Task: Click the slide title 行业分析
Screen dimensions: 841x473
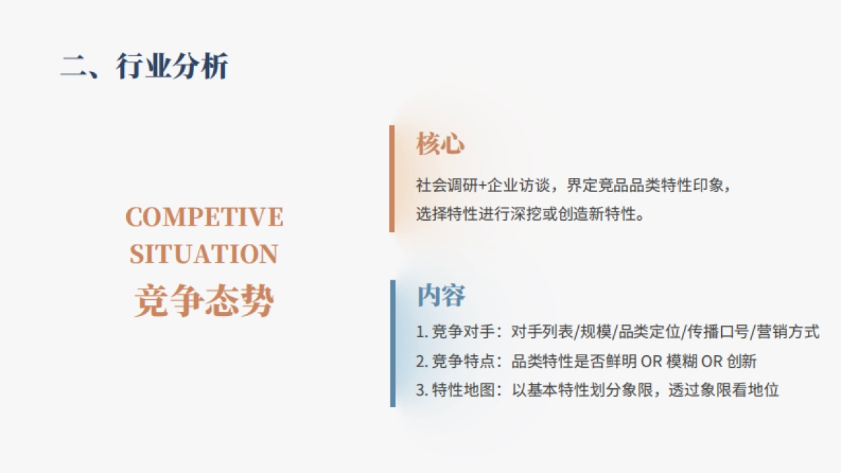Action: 172,66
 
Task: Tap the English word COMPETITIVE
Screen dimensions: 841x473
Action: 204,217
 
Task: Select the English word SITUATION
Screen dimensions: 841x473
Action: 204,254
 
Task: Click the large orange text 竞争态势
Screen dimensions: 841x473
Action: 204,301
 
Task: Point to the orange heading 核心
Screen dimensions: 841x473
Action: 440,144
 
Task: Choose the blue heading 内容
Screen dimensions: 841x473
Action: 441,296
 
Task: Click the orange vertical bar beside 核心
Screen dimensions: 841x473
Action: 392,179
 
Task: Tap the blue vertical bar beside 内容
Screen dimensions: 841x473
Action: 392,343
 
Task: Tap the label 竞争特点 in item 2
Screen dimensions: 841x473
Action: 463,361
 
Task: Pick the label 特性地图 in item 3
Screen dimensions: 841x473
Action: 463,390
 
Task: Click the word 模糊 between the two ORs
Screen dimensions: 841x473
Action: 681,361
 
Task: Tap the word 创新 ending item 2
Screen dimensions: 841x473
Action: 741,361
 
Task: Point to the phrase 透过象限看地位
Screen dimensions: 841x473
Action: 723,390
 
